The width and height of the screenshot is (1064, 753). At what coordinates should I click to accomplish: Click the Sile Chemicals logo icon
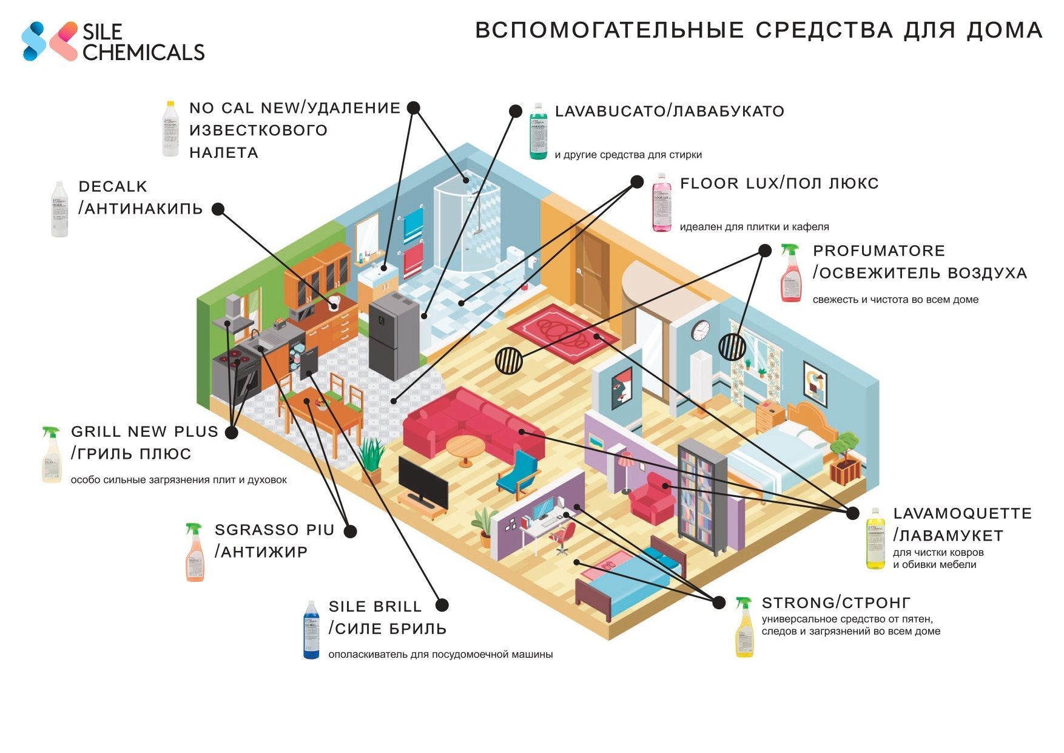(49, 41)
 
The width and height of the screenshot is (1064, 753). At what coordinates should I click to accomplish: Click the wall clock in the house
(701, 330)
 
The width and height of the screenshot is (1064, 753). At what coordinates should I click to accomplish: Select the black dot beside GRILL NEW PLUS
(231, 433)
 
